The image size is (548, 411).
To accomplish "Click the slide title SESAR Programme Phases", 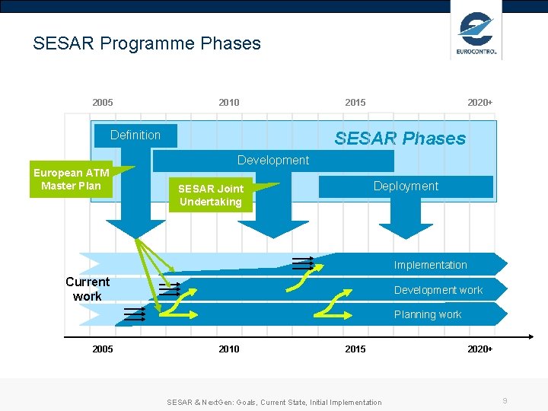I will [x=147, y=43].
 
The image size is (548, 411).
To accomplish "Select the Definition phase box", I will [x=135, y=135].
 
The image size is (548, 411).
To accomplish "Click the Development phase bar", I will [x=272, y=161].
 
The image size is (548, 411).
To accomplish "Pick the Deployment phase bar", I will [x=406, y=186].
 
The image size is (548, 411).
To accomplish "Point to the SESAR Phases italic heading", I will [x=400, y=139].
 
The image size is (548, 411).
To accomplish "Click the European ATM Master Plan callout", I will [x=71, y=180].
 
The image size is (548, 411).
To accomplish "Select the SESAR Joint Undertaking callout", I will [x=211, y=196].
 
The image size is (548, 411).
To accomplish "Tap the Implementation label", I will [x=430, y=265].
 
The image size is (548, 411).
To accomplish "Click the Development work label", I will [x=438, y=290].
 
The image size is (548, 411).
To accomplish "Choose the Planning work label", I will [x=427, y=314].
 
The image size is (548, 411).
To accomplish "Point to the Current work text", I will [x=87, y=289].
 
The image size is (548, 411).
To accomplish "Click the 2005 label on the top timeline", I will [x=103, y=103].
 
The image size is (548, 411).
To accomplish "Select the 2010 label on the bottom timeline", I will [x=228, y=349].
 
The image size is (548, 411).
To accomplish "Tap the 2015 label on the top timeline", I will [x=355, y=103].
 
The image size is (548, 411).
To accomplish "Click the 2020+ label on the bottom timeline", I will [x=479, y=349].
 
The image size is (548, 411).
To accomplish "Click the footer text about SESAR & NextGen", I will [x=274, y=402].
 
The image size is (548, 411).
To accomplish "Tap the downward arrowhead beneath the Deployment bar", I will [x=406, y=231].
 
